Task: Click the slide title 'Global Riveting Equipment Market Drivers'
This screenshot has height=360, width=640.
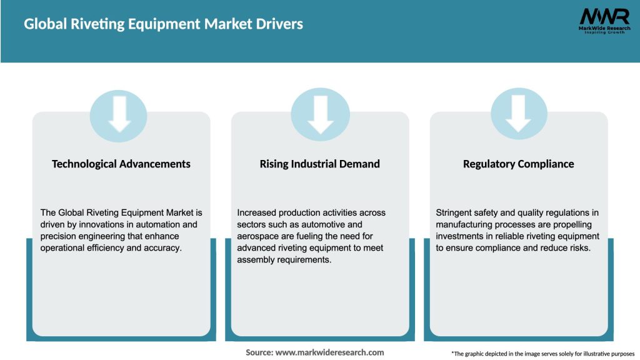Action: (x=163, y=24)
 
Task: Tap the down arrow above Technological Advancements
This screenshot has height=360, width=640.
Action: (x=120, y=114)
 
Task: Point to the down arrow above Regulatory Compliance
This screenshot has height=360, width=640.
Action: (x=519, y=114)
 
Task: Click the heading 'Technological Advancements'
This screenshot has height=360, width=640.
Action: (x=121, y=164)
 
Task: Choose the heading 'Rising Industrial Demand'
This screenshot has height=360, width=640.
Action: (x=320, y=164)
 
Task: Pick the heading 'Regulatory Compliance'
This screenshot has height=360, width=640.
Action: (x=518, y=164)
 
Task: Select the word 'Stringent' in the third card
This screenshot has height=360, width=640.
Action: (x=454, y=212)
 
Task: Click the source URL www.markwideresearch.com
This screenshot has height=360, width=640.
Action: (x=330, y=352)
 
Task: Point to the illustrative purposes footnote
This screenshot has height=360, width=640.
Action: (x=542, y=354)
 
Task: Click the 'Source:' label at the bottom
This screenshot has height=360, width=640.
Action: (x=259, y=352)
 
